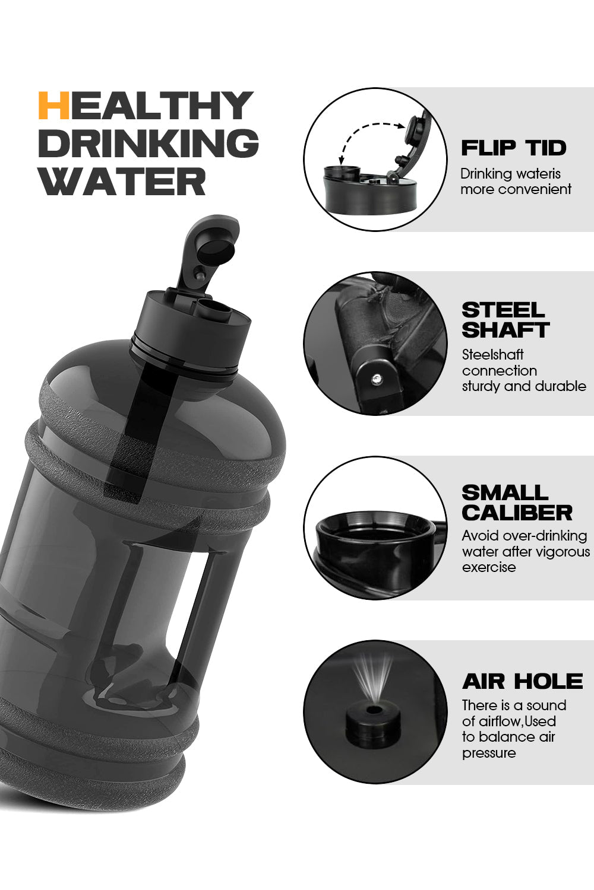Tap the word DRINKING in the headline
click(x=148, y=143)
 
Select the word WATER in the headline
click(x=124, y=181)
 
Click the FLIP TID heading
click(x=514, y=148)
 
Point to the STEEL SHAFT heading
click(x=505, y=320)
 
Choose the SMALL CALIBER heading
click(x=517, y=503)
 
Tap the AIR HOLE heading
click(x=523, y=681)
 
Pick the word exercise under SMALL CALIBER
click(x=489, y=567)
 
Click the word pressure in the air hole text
click(x=489, y=753)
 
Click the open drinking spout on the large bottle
click(x=214, y=309)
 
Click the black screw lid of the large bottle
click(x=190, y=332)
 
